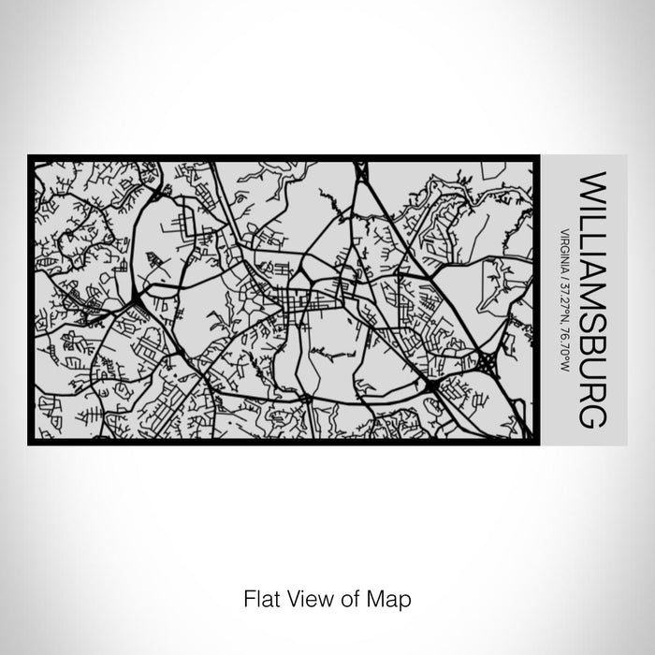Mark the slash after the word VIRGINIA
[565, 271]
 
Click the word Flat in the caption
[259, 596]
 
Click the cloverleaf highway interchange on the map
[489, 358]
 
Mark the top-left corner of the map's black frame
[30, 156]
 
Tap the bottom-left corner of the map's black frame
[30, 443]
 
